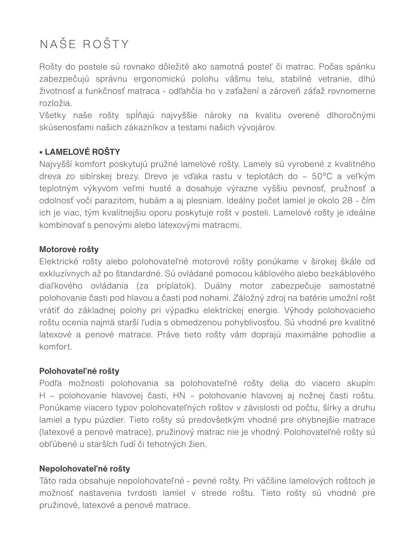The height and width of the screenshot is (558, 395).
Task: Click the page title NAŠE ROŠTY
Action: tap(84, 44)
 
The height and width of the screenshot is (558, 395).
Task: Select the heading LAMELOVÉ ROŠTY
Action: tap(82, 152)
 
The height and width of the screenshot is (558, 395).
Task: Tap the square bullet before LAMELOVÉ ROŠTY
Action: tap(41, 152)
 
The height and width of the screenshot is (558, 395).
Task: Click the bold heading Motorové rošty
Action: tap(69, 250)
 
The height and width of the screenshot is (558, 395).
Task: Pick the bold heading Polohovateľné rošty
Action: tap(79, 371)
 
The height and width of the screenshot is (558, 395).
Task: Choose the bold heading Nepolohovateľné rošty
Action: tap(85, 469)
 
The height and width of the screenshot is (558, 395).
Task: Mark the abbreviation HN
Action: tap(180, 396)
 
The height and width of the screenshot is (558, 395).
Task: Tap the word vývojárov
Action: tap(256, 128)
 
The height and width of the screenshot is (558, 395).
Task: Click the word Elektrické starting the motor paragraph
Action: tap(59, 262)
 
